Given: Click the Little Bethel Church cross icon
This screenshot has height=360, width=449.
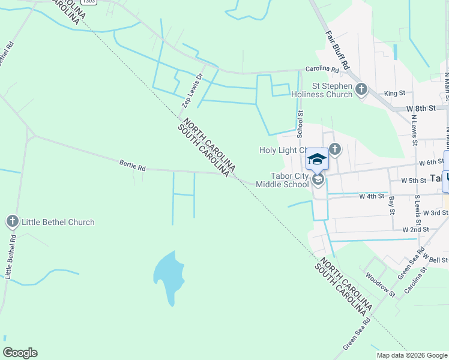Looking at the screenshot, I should click(12, 222).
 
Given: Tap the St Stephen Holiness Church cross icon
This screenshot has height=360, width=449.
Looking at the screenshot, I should click(361, 90).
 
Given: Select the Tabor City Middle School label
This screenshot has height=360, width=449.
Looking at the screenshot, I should click(282, 180).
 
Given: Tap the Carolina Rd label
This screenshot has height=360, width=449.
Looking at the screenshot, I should click(322, 70).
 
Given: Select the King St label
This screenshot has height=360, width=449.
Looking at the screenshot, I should click(394, 93).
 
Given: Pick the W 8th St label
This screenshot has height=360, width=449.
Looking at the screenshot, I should click(420, 109).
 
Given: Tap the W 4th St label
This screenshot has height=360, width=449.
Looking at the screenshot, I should click(371, 196).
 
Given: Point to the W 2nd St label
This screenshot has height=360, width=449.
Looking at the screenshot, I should click(415, 229).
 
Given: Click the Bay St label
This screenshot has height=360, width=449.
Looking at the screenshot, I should click(392, 205).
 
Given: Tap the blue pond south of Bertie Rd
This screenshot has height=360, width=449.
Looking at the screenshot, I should click(167, 276).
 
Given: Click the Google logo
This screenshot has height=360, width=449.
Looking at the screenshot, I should click(20, 353).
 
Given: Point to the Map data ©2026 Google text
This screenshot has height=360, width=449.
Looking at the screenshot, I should click(412, 355).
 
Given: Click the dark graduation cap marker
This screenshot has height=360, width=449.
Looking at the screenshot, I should click(317, 159).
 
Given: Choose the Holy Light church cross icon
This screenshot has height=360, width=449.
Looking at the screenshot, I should click(334, 149).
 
